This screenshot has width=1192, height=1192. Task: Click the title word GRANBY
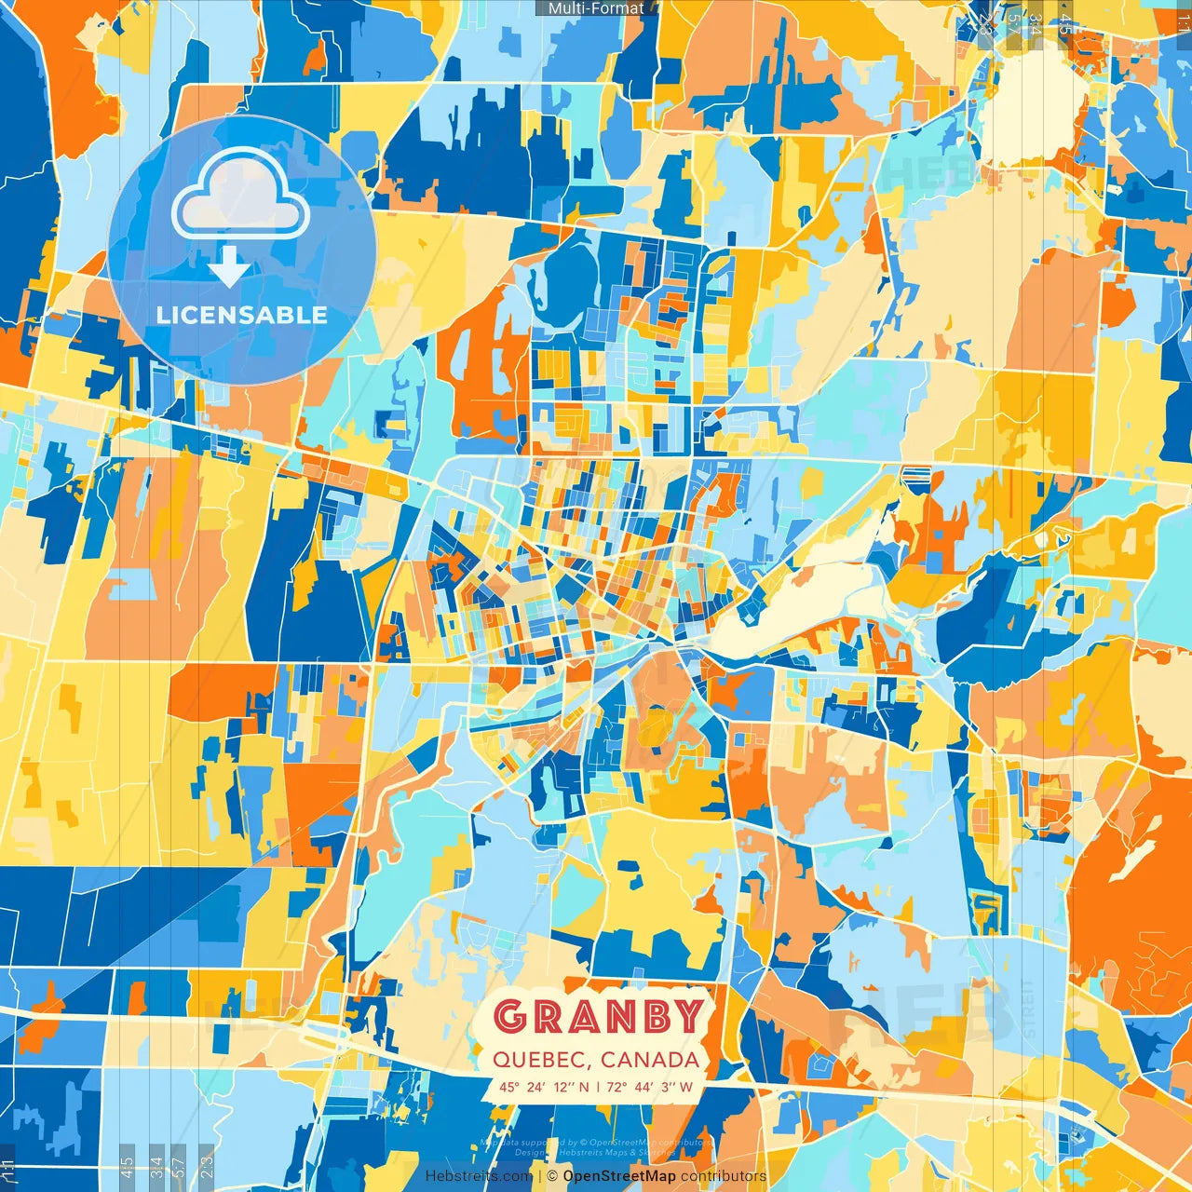point(597,1016)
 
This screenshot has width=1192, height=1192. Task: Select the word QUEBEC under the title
point(537,1060)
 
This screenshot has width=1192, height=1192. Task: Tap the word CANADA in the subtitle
point(650,1060)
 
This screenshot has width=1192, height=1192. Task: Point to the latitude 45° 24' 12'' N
point(544,1087)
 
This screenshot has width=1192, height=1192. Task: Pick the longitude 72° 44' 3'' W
point(650,1087)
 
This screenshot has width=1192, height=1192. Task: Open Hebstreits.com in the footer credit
point(479,1176)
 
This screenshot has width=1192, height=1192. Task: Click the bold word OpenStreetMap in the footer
point(619,1176)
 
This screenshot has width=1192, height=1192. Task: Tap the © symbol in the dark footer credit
point(553,1176)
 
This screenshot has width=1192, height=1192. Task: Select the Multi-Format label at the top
point(596,8)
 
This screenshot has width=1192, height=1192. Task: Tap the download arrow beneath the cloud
point(228,267)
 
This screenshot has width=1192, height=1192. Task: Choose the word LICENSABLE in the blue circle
point(242,315)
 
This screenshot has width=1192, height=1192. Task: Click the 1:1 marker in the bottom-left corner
point(8,1167)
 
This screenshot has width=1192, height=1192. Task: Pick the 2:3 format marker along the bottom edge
point(207,1167)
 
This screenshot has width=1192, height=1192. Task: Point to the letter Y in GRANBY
point(687,1016)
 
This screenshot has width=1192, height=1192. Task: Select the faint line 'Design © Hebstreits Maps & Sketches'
point(596,1152)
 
